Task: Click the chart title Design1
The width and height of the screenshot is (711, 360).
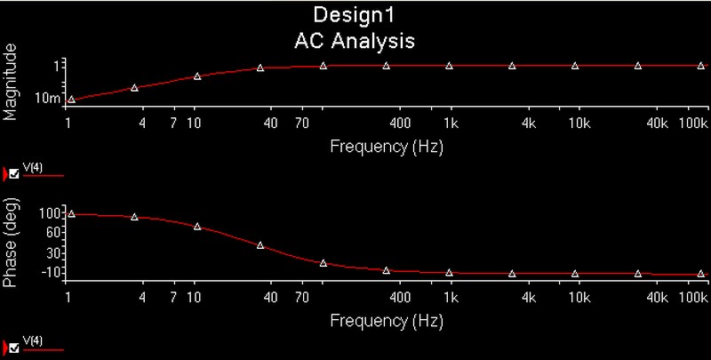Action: tap(355, 17)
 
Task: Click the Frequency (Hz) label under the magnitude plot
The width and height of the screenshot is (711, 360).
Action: tap(386, 144)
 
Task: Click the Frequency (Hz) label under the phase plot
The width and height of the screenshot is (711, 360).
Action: tap(386, 318)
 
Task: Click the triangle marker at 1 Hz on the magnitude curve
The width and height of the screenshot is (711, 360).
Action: tap(71, 100)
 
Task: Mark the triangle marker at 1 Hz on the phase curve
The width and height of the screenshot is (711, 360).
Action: tap(71, 214)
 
